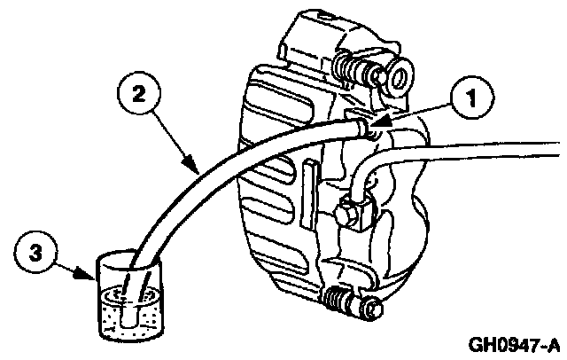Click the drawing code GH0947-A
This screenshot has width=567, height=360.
pyautogui.click(x=516, y=344)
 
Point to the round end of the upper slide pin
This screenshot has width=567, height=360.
pyautogui.click(x=394, y=77)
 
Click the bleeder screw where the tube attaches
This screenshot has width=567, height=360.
pyautogui.click(x=366, y=129)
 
